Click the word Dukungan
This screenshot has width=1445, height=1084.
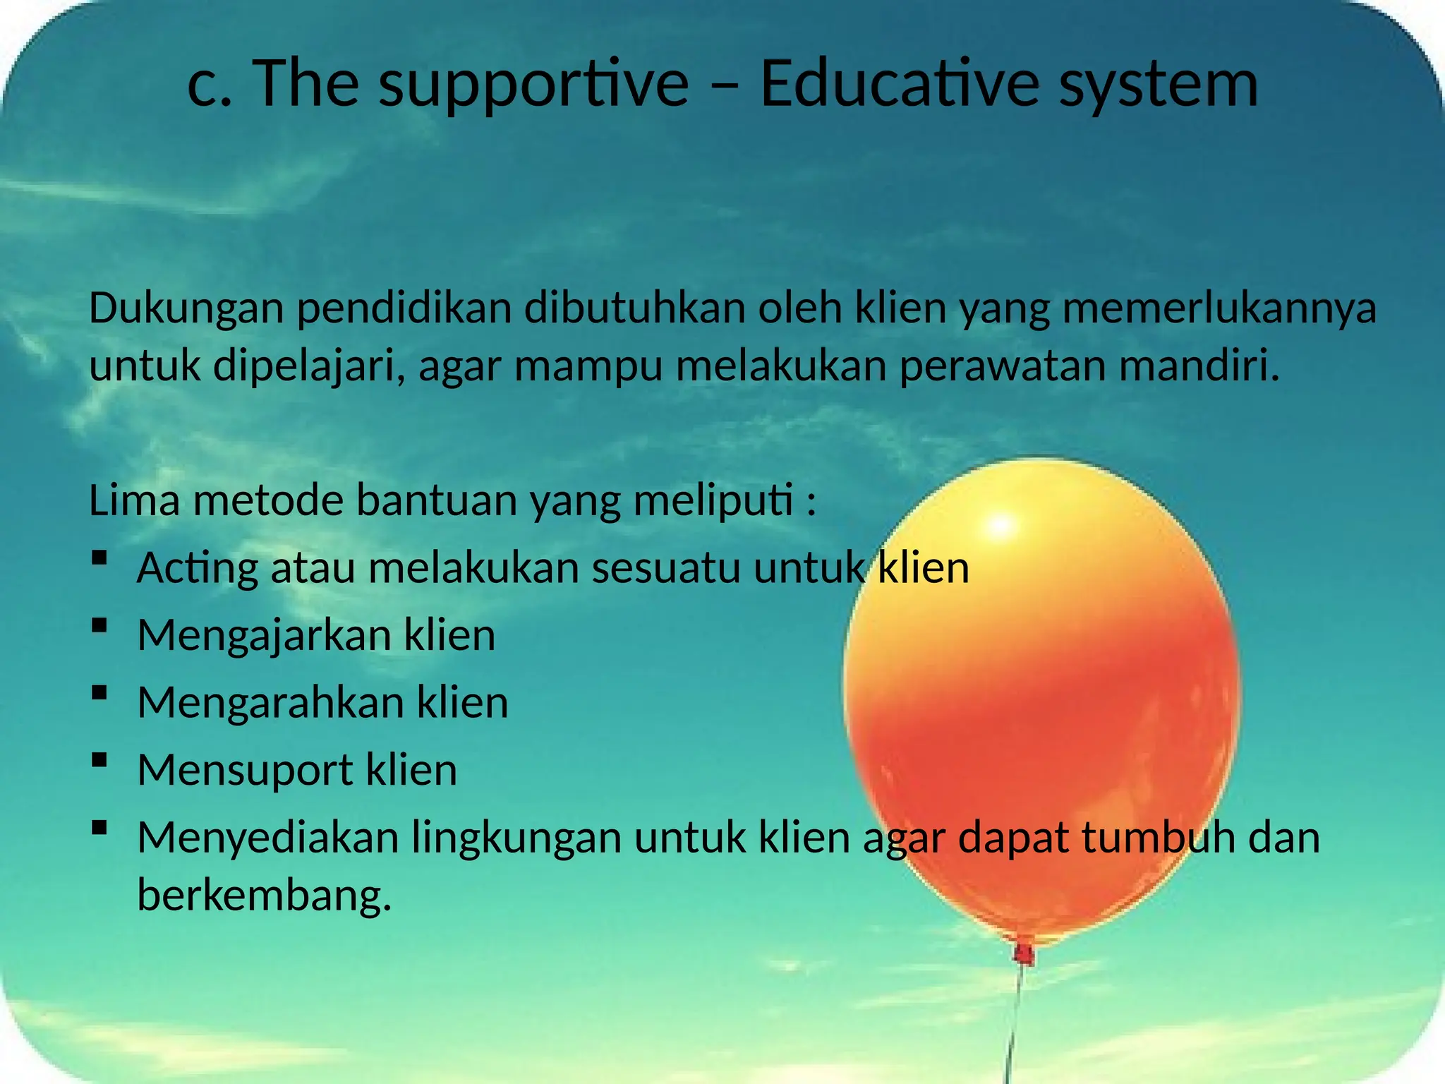(186, 309)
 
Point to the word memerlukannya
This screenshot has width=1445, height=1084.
(1219, 309)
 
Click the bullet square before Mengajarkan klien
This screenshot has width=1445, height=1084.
(99, 625)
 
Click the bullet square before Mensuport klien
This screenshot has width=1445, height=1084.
(99, 760)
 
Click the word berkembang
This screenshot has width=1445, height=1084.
(264, 896)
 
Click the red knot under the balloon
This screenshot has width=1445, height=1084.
(1024, 954)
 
